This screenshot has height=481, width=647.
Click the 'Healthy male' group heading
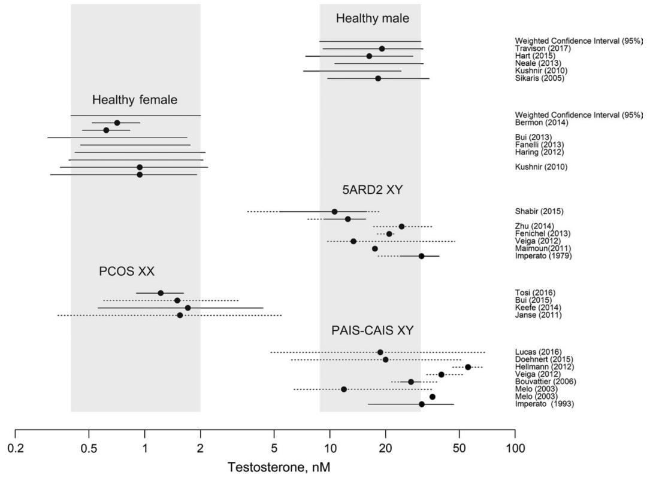[372, 19]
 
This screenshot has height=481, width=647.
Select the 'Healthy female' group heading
[135, 100]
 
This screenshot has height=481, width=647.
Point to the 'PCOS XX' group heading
[126, 272]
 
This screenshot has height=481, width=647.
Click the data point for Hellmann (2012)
[468, 367]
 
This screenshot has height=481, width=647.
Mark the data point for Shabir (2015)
[334, 212]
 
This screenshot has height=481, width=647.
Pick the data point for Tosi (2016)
[161, 293]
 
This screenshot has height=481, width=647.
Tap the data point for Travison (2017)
[382, 48]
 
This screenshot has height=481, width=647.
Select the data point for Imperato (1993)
[422, 404]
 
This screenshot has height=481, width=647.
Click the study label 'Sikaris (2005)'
[539, 78]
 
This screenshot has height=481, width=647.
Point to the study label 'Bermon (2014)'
[542, 123]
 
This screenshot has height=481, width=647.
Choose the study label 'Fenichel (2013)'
[542, 233]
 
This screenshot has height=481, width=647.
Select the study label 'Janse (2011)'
[538, 315]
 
